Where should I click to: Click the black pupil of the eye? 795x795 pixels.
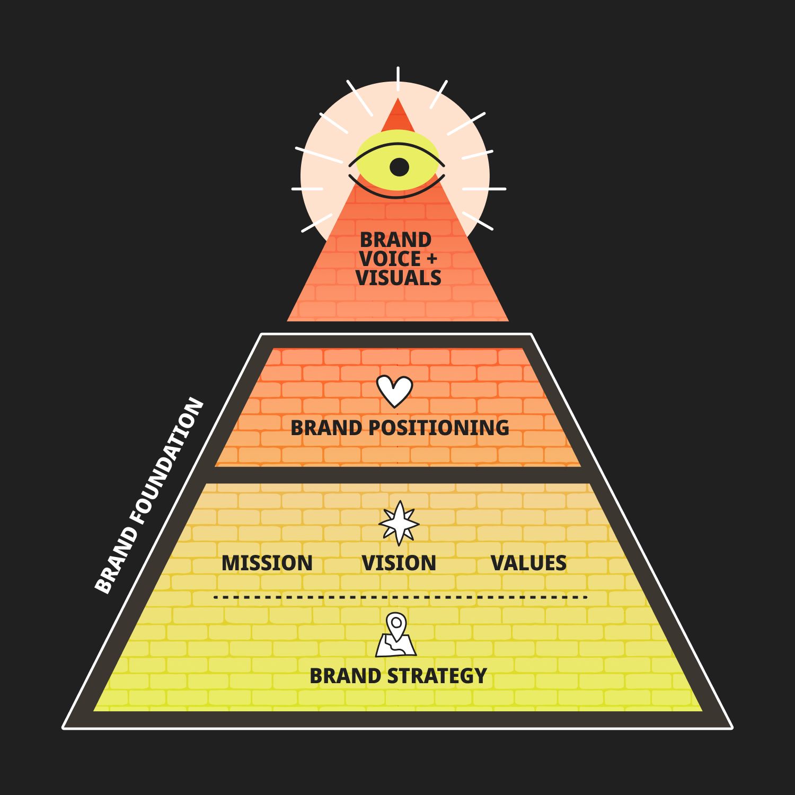399,167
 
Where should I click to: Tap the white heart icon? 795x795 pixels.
394,391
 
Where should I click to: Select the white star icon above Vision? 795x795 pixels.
399,524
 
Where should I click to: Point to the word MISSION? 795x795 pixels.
267,563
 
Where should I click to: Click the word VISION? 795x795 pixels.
399,563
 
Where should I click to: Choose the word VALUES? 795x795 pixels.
528,563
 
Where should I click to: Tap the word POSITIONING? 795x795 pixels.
439,428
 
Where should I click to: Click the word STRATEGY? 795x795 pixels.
437,676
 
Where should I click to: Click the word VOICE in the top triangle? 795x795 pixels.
390,259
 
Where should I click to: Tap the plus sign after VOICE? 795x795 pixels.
431,259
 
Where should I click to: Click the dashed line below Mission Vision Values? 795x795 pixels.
400,597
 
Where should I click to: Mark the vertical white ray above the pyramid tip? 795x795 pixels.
398,78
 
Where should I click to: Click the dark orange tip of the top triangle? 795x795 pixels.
398,118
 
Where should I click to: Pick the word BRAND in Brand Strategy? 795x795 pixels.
344,676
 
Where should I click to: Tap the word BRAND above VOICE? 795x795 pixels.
395,240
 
